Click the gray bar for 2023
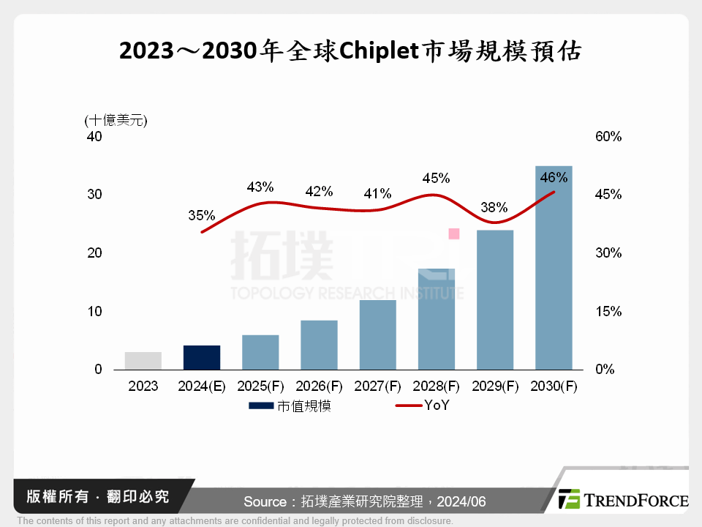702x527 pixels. click(143, 361)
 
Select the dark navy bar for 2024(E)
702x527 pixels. click(202, 357)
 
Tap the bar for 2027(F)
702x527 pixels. click(377, 334)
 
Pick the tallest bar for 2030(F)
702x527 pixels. click(554, 268)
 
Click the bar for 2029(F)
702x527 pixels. click(495, 300)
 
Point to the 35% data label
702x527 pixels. click(201, 216)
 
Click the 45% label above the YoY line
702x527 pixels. click(436, 179)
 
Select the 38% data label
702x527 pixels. click(494, 207)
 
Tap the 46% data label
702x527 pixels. click(554, 177)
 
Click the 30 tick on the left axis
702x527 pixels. click(95, 195)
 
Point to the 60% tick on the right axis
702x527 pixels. click(608, 137)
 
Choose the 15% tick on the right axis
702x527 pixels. click(608, 312)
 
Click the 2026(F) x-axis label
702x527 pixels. click(319, 386)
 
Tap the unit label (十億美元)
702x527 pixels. click(116, 120)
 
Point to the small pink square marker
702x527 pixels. click(453, 233)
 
